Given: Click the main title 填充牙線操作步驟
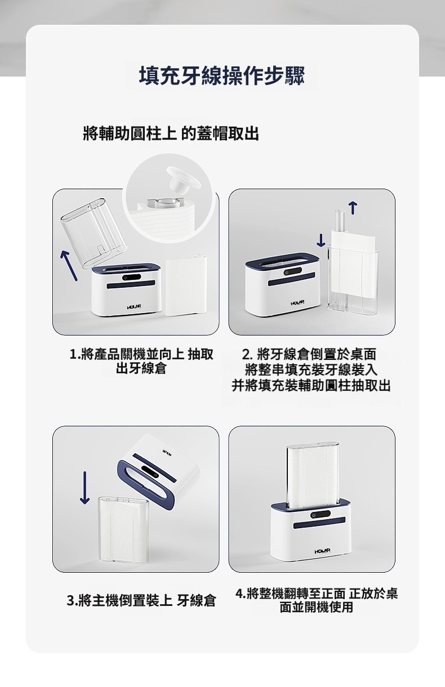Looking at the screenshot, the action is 222,75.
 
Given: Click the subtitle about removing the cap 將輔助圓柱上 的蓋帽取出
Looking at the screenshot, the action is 171,133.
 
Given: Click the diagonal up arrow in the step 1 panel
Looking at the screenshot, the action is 69,266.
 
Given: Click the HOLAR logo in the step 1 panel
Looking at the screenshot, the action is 134,307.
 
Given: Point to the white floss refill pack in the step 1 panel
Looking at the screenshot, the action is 186,286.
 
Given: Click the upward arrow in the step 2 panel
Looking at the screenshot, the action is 353,208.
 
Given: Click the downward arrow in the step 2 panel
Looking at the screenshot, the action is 321,240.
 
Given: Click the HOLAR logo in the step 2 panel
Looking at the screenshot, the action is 297,303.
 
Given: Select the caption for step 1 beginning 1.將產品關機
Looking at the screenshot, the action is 141,361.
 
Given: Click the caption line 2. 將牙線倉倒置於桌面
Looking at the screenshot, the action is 309,354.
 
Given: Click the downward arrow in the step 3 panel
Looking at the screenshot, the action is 84,488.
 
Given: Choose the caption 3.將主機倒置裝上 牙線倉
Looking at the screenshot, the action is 141,600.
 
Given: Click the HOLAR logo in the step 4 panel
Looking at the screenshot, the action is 322,551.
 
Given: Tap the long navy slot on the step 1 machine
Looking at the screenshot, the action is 131,284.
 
